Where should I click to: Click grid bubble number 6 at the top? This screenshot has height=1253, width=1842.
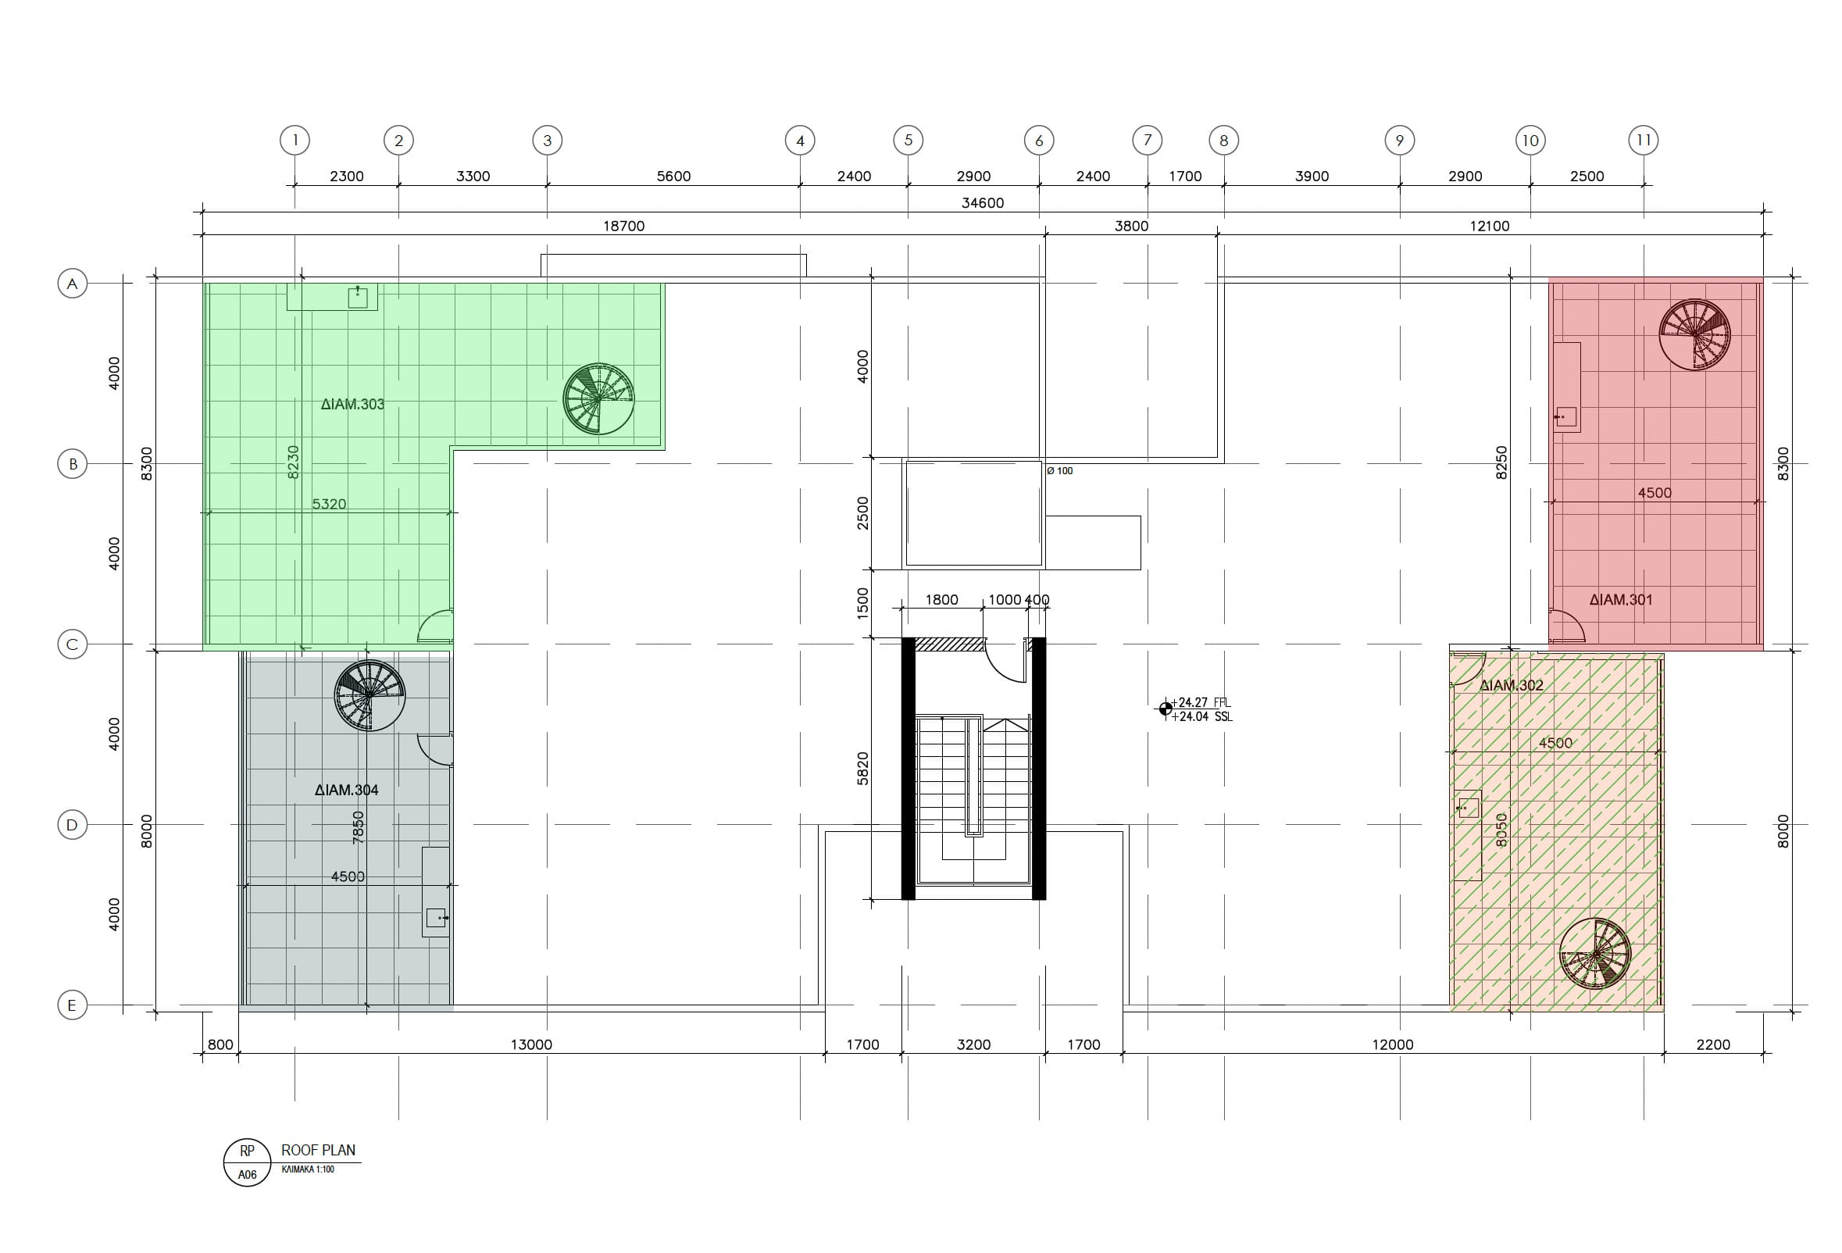coord(1039,141)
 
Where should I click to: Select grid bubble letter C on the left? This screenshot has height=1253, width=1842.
coord(72,644)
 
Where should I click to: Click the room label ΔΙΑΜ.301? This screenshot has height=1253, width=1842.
coord(1621,600)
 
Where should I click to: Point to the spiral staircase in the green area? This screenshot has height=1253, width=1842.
coord(598,398)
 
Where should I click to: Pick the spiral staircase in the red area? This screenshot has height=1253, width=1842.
coord(1694,334)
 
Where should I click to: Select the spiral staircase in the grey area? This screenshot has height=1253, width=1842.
coord(369,696)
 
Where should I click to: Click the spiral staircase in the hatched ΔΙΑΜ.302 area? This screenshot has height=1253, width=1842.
coord(1594,954)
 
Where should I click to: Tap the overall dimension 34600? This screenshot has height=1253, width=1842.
coord(983,203)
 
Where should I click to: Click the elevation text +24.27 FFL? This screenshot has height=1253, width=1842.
coord(1201,702)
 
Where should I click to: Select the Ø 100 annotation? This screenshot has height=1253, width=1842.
coord(1060,471)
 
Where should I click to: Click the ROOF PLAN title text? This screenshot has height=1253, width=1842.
coord(319,1150)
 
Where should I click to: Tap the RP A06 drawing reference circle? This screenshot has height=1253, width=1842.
coord(248,1162)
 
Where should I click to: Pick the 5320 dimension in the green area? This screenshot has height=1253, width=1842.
coord(329,504)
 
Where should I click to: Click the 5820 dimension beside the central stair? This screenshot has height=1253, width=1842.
coord(863,769)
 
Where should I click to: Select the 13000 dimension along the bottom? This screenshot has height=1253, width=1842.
coord(531,1044)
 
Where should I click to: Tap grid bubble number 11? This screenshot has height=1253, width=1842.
coord(1644,141)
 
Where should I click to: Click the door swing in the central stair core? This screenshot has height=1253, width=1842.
coord(1005,662)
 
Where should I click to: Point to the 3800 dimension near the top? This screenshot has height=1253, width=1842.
coord(1131,226)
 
